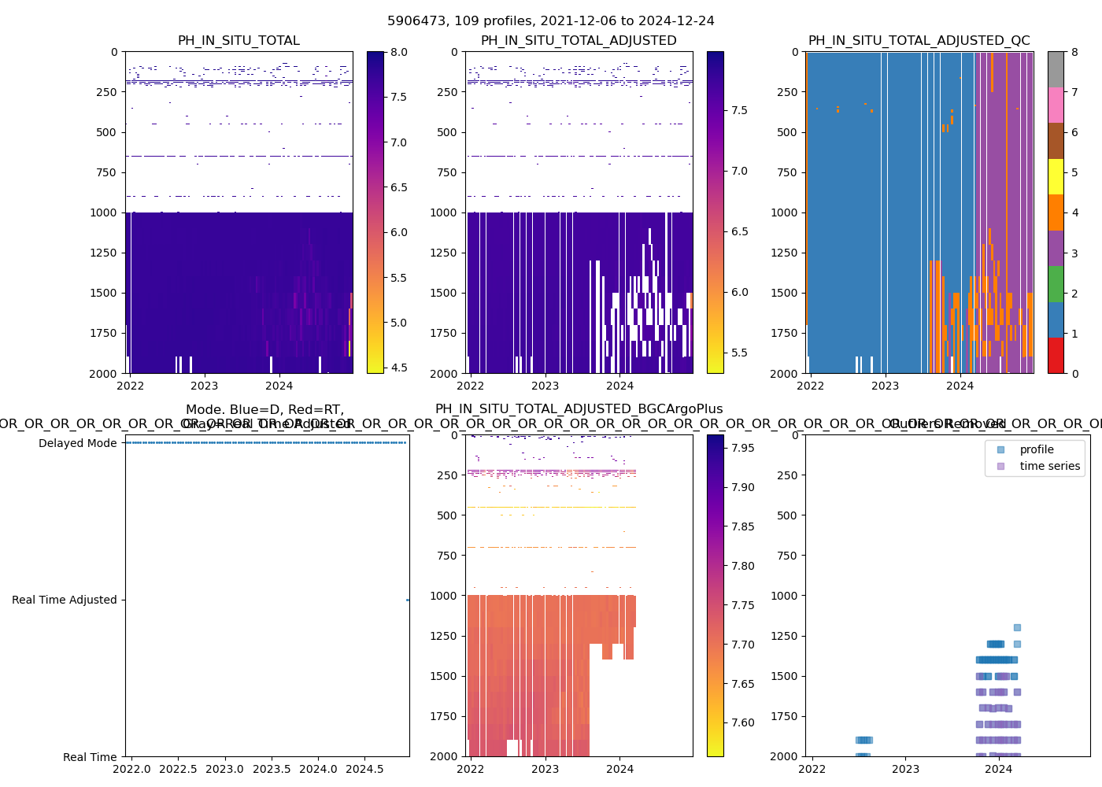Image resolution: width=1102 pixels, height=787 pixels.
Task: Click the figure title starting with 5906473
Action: pyautogui.click(x=551, y=21)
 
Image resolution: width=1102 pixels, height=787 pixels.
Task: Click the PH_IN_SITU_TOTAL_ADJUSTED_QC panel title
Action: pyautogui.click(x=919, y=41)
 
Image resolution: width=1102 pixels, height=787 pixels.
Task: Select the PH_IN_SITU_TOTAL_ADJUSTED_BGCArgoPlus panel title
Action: pyautogui.click(x=579, y=409)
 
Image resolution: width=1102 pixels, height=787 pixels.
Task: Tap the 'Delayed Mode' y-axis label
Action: pyautogui.click(x=77, y=443)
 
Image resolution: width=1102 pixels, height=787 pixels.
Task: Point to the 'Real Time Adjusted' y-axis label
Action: pyautogui.click(x=65, y=600)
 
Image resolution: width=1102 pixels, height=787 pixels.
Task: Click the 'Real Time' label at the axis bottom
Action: pyautogui.click(x=90, y=757)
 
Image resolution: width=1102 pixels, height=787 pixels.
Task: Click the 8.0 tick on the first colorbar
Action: pyautogui.click(x=399, y=52)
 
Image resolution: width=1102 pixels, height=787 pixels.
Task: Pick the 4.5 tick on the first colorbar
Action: pyautogui.click(x=399, y=368)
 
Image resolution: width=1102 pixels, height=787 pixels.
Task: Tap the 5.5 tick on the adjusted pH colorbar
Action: pyautogui.click(x=739, y=353)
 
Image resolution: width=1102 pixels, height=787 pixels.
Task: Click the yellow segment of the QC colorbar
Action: pyautogui.click(x=1056, y=176)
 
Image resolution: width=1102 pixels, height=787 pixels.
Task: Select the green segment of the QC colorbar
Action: pyautogui.click(x=1056, y=283)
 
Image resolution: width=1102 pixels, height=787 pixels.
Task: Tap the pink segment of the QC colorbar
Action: pyautogui.click(x=1056, y=105)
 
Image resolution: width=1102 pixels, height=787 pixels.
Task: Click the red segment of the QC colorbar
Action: pyautogui.click(x=1056, y=355)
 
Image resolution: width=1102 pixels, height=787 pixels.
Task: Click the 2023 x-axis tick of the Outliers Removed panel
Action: pyautogui.click(x=905, y=768)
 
